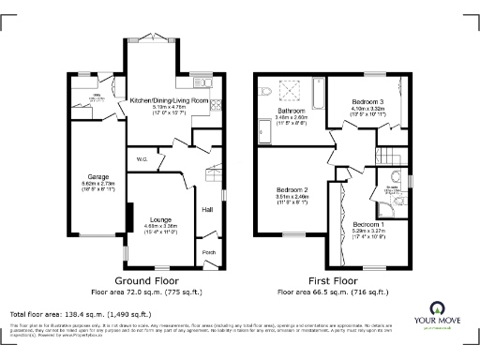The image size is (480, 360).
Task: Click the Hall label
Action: (207, 209)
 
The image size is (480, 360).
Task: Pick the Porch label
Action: (207, 251)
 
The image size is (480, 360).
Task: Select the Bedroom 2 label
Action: (293, 189)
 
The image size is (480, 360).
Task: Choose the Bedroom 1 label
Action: (367, 225)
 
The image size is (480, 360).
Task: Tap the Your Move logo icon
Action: (438, 307)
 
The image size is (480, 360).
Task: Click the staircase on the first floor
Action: (385, 157)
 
